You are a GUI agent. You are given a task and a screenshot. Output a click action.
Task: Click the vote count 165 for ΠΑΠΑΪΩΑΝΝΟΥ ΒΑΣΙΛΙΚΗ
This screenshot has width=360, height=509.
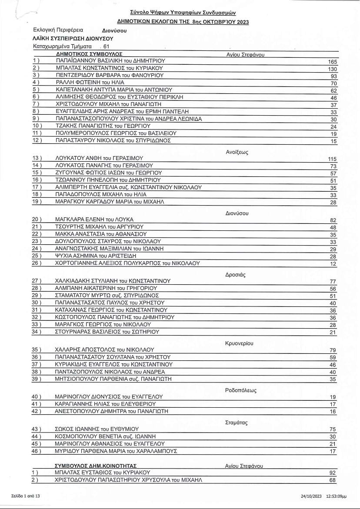point(333,62)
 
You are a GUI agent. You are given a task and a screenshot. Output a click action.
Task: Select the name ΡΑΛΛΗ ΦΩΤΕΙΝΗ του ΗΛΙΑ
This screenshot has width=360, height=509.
point(90,83)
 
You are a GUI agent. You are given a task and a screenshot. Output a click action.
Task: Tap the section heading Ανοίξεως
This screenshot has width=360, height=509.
point(237,152)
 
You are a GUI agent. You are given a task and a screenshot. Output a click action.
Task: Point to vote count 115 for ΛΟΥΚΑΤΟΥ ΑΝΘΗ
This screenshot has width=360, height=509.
point(333,159)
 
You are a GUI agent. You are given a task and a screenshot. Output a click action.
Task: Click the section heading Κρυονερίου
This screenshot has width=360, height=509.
point(239,343)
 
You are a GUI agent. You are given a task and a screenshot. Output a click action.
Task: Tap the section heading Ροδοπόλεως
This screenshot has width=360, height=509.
point(241,390)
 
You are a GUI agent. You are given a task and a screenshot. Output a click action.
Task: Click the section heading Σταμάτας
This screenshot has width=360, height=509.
point(237,423)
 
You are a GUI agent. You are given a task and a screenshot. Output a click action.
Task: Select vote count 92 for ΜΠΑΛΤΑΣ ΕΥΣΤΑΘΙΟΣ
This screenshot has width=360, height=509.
point(333,473)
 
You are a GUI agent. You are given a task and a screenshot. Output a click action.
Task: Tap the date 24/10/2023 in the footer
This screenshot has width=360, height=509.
point(310,496)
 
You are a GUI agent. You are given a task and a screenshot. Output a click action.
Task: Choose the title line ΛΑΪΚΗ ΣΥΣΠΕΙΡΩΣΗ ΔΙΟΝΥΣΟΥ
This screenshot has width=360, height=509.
point(67,39)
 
